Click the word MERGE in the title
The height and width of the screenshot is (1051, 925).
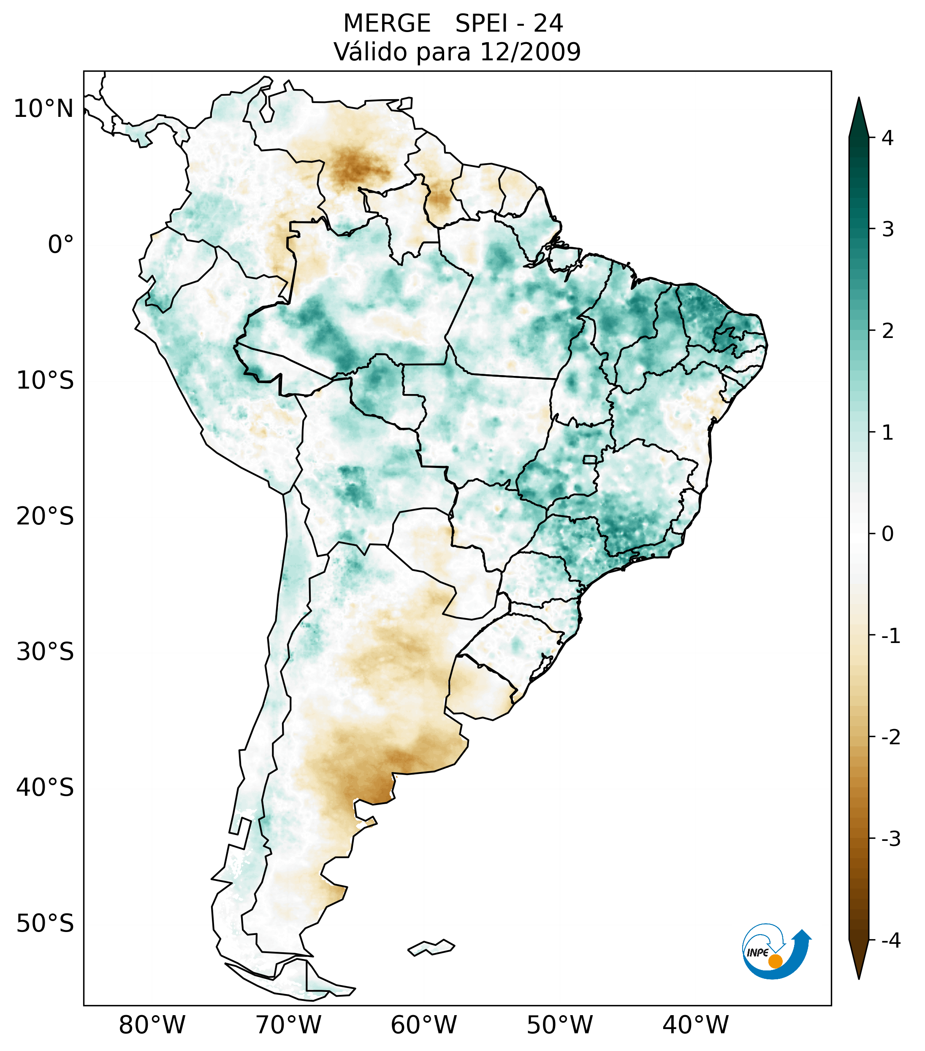click(x=386, y=24)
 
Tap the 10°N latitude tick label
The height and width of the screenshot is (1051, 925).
click(x=43, y=109)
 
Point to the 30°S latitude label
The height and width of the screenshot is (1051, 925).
click(x=45, y=652)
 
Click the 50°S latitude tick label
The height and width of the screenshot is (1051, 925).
click(x=45, y=924)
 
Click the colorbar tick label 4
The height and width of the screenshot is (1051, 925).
click(x=887, y=138)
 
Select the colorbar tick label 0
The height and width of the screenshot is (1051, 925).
click(x=887, y=534)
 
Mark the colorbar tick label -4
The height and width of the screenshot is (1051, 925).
click(x=890, y=941)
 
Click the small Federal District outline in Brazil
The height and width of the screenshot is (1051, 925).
click(x=589, y=459)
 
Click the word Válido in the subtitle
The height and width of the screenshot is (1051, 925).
click(x=369, y=52)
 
